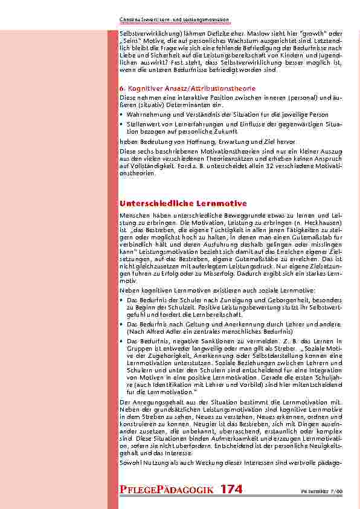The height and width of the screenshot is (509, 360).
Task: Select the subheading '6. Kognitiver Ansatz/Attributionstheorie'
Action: [187, 88]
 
